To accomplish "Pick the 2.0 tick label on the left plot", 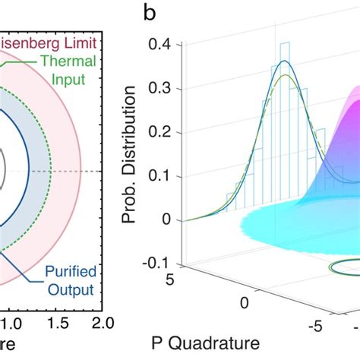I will tap(101, 324).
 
